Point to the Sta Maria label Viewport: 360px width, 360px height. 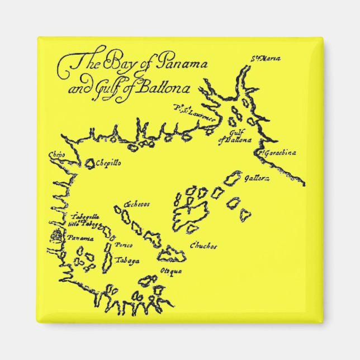click(258, 58)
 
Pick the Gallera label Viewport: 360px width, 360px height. click(257, 178)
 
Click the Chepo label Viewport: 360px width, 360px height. click(58, 153)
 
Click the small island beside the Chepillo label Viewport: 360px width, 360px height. click(89, 163)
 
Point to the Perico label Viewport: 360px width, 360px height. click(122, 245)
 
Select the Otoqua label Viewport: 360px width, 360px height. click(171, 272)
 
